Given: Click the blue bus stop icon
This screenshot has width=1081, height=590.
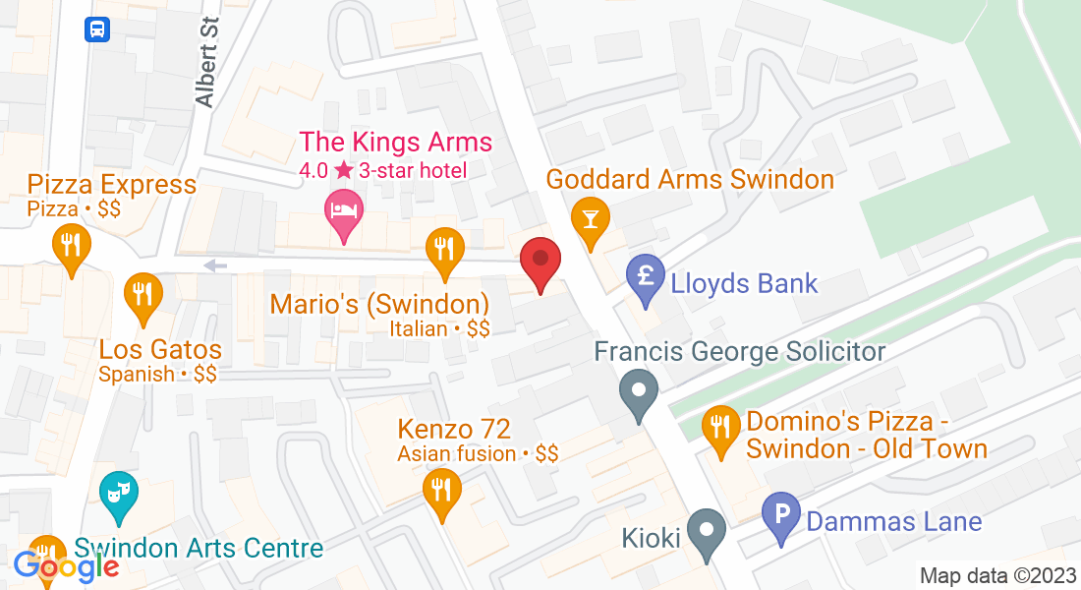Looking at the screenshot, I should pyautogui.click(x=97, y=29).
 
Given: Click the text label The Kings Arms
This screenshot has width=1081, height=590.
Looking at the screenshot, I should pyautogui.click(x=395, y=143).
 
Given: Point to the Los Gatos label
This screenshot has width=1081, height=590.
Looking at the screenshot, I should pyautogui.click(x=160, y=349).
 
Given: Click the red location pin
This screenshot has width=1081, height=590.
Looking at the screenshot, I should pyautogui.click(x=540, y=262).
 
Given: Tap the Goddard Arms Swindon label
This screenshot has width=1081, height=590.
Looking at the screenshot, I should pyautogui.click(x=690, y=180).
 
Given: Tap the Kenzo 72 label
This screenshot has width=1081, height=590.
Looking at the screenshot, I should pyautogui.click(x=454, y=430).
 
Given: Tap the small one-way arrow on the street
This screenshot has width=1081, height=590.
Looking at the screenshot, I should pyautogui.click(x=215, y=265).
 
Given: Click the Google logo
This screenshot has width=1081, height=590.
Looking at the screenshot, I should pyautogui.click(x=66, y=566).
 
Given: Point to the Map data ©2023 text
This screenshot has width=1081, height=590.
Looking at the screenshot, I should pyautogui.click(x=996, y=576).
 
